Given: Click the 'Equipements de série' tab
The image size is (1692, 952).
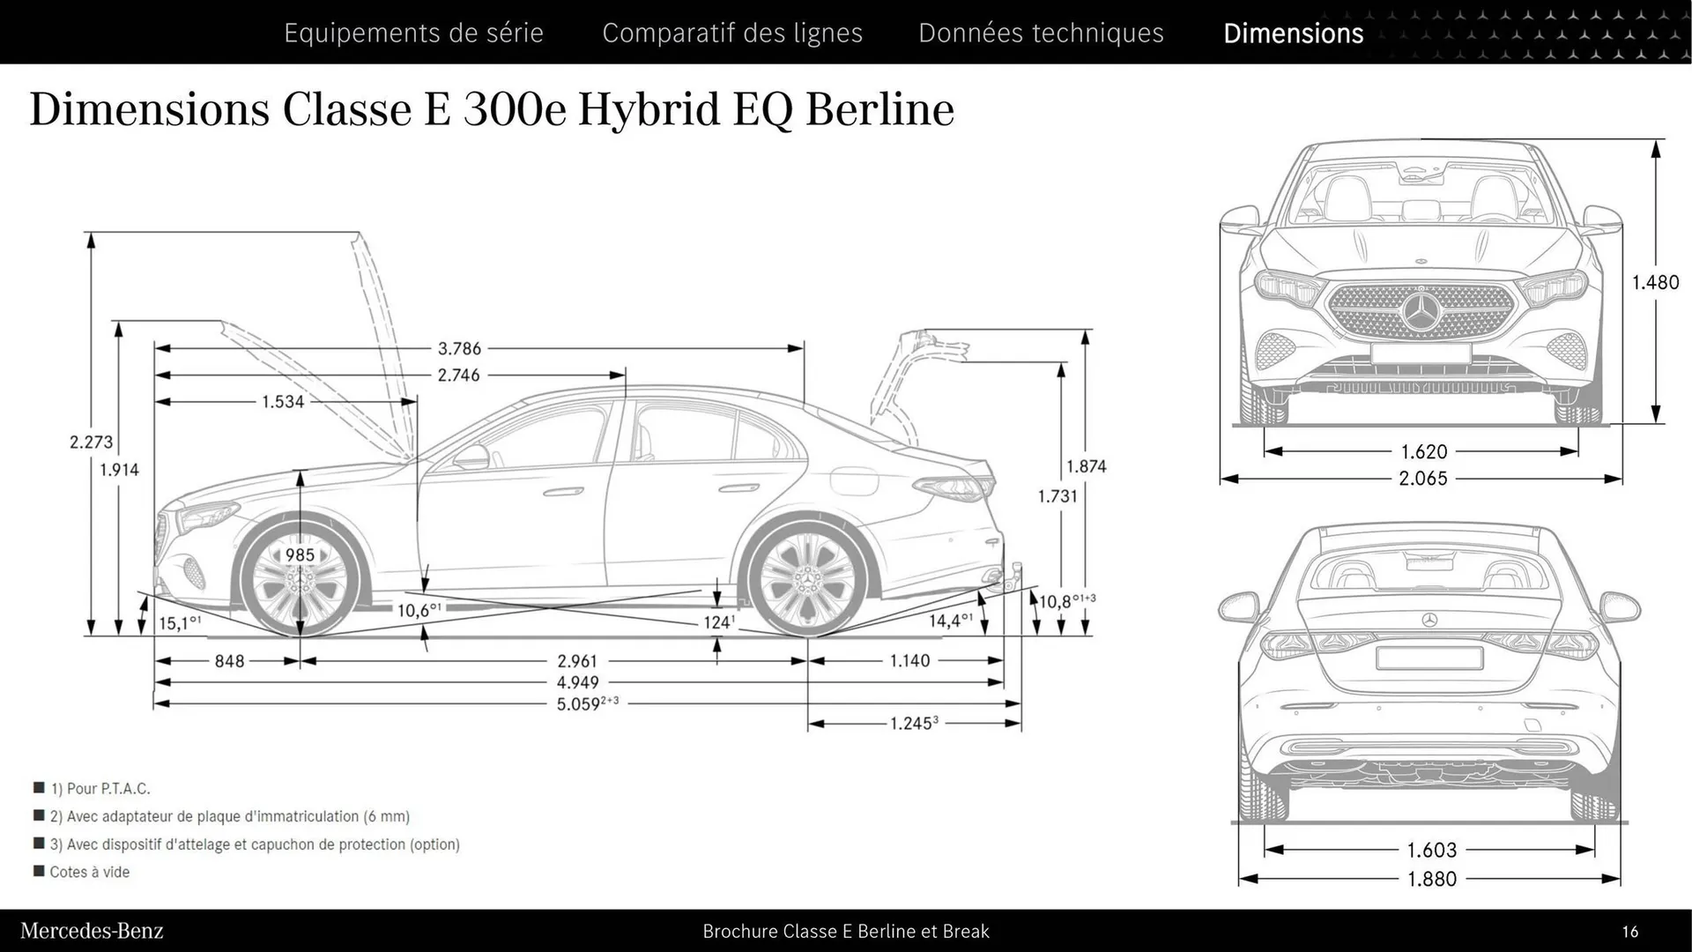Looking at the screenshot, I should pos(413,33).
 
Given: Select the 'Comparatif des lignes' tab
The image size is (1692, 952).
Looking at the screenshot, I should pos(732,33).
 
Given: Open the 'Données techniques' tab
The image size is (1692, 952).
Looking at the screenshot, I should pos(1041,33).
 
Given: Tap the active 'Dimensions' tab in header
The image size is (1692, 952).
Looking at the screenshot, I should pos(1293,33).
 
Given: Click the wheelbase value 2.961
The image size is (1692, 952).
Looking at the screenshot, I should pos(577,661).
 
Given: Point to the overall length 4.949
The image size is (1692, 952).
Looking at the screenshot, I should pos(577,682).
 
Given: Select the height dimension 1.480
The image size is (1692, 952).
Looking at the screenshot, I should pos(1655,282).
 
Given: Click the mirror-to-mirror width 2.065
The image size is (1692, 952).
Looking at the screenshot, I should pos(1422,479).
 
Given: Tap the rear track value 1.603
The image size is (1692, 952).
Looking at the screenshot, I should pos(1431,850).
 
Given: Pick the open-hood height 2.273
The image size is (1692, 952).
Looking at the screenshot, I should pos(91,442).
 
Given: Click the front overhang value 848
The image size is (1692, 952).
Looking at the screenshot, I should pos(229,661).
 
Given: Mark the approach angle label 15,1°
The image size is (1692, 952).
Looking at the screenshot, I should pos(179,623).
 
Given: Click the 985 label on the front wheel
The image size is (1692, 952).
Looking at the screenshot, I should pos(300,555).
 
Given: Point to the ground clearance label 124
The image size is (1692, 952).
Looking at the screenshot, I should pos(718,622).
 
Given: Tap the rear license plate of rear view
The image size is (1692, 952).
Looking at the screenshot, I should pos(1429,658).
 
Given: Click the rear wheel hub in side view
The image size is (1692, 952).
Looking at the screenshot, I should pos(804,582).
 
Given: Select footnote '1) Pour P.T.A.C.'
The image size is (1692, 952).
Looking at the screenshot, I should pos(100,788).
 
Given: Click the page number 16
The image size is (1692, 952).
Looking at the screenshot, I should pos(1629,932).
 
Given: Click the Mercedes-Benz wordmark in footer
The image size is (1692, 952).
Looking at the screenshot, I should pos(92,931).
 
